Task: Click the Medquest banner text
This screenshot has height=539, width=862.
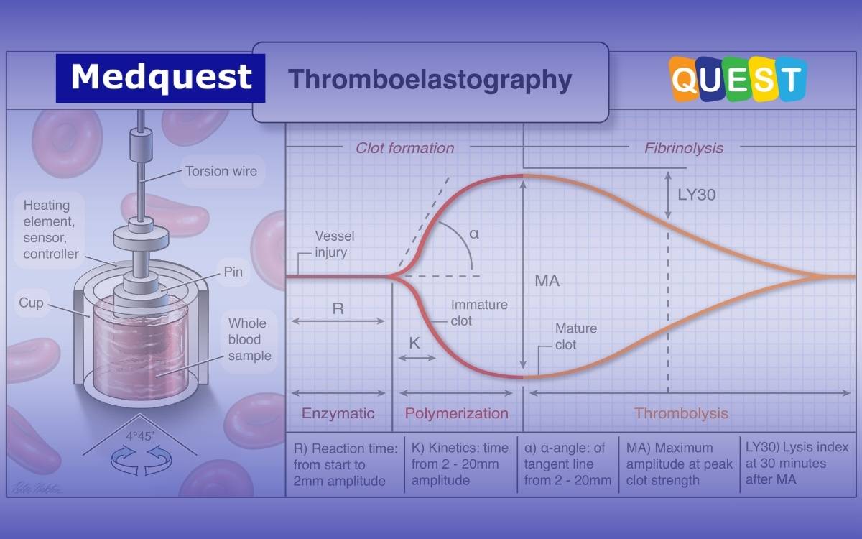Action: coord(161,77)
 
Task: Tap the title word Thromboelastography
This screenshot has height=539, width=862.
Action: coord(430,80)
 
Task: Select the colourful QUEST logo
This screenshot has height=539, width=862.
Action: coord(737,79)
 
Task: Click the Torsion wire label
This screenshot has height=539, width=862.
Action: coord(221,171)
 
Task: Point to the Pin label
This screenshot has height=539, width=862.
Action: coord(233,272)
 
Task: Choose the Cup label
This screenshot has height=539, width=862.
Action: coord(31,303)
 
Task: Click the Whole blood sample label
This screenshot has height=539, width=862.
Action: coord(249,339)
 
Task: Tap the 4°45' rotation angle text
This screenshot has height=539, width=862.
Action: coord(140,436)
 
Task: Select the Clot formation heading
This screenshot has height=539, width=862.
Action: coord(404,148)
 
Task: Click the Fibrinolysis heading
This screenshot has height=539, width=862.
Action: coord(684,148)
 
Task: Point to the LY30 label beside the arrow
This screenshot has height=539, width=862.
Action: coord(697,195)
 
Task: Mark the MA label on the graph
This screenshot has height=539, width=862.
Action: coord(547,281)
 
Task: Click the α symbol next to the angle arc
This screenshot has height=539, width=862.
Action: coord(474,234)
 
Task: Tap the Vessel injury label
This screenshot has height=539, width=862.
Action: coord(335,244)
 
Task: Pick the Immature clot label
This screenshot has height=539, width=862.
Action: coord(479,313)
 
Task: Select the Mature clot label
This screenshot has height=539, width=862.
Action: coord(576,336)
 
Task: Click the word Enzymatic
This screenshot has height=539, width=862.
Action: coord(338,413)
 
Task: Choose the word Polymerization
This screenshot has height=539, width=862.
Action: coord(456,413)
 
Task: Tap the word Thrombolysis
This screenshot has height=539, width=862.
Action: coord(681,413)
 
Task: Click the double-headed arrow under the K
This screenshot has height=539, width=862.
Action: coord(417,358)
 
